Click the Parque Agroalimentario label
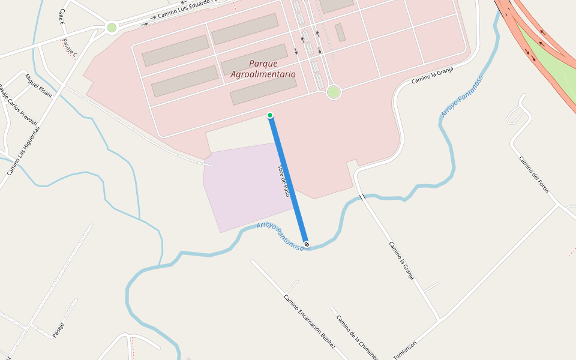[x=263, y=69]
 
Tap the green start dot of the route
[x=270, y=115]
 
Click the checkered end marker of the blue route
[x=307, y=244]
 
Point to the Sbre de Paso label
[x=284, y=181]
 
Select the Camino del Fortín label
[x=534, y=175]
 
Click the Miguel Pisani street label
[x=39, y=86]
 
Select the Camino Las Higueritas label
[x=23, y=151]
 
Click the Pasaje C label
[x=70, y=48]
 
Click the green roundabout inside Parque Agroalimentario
[x=334, y=92]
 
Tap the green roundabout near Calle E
[x=112, y=27]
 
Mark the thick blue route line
[x=288, y=180]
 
